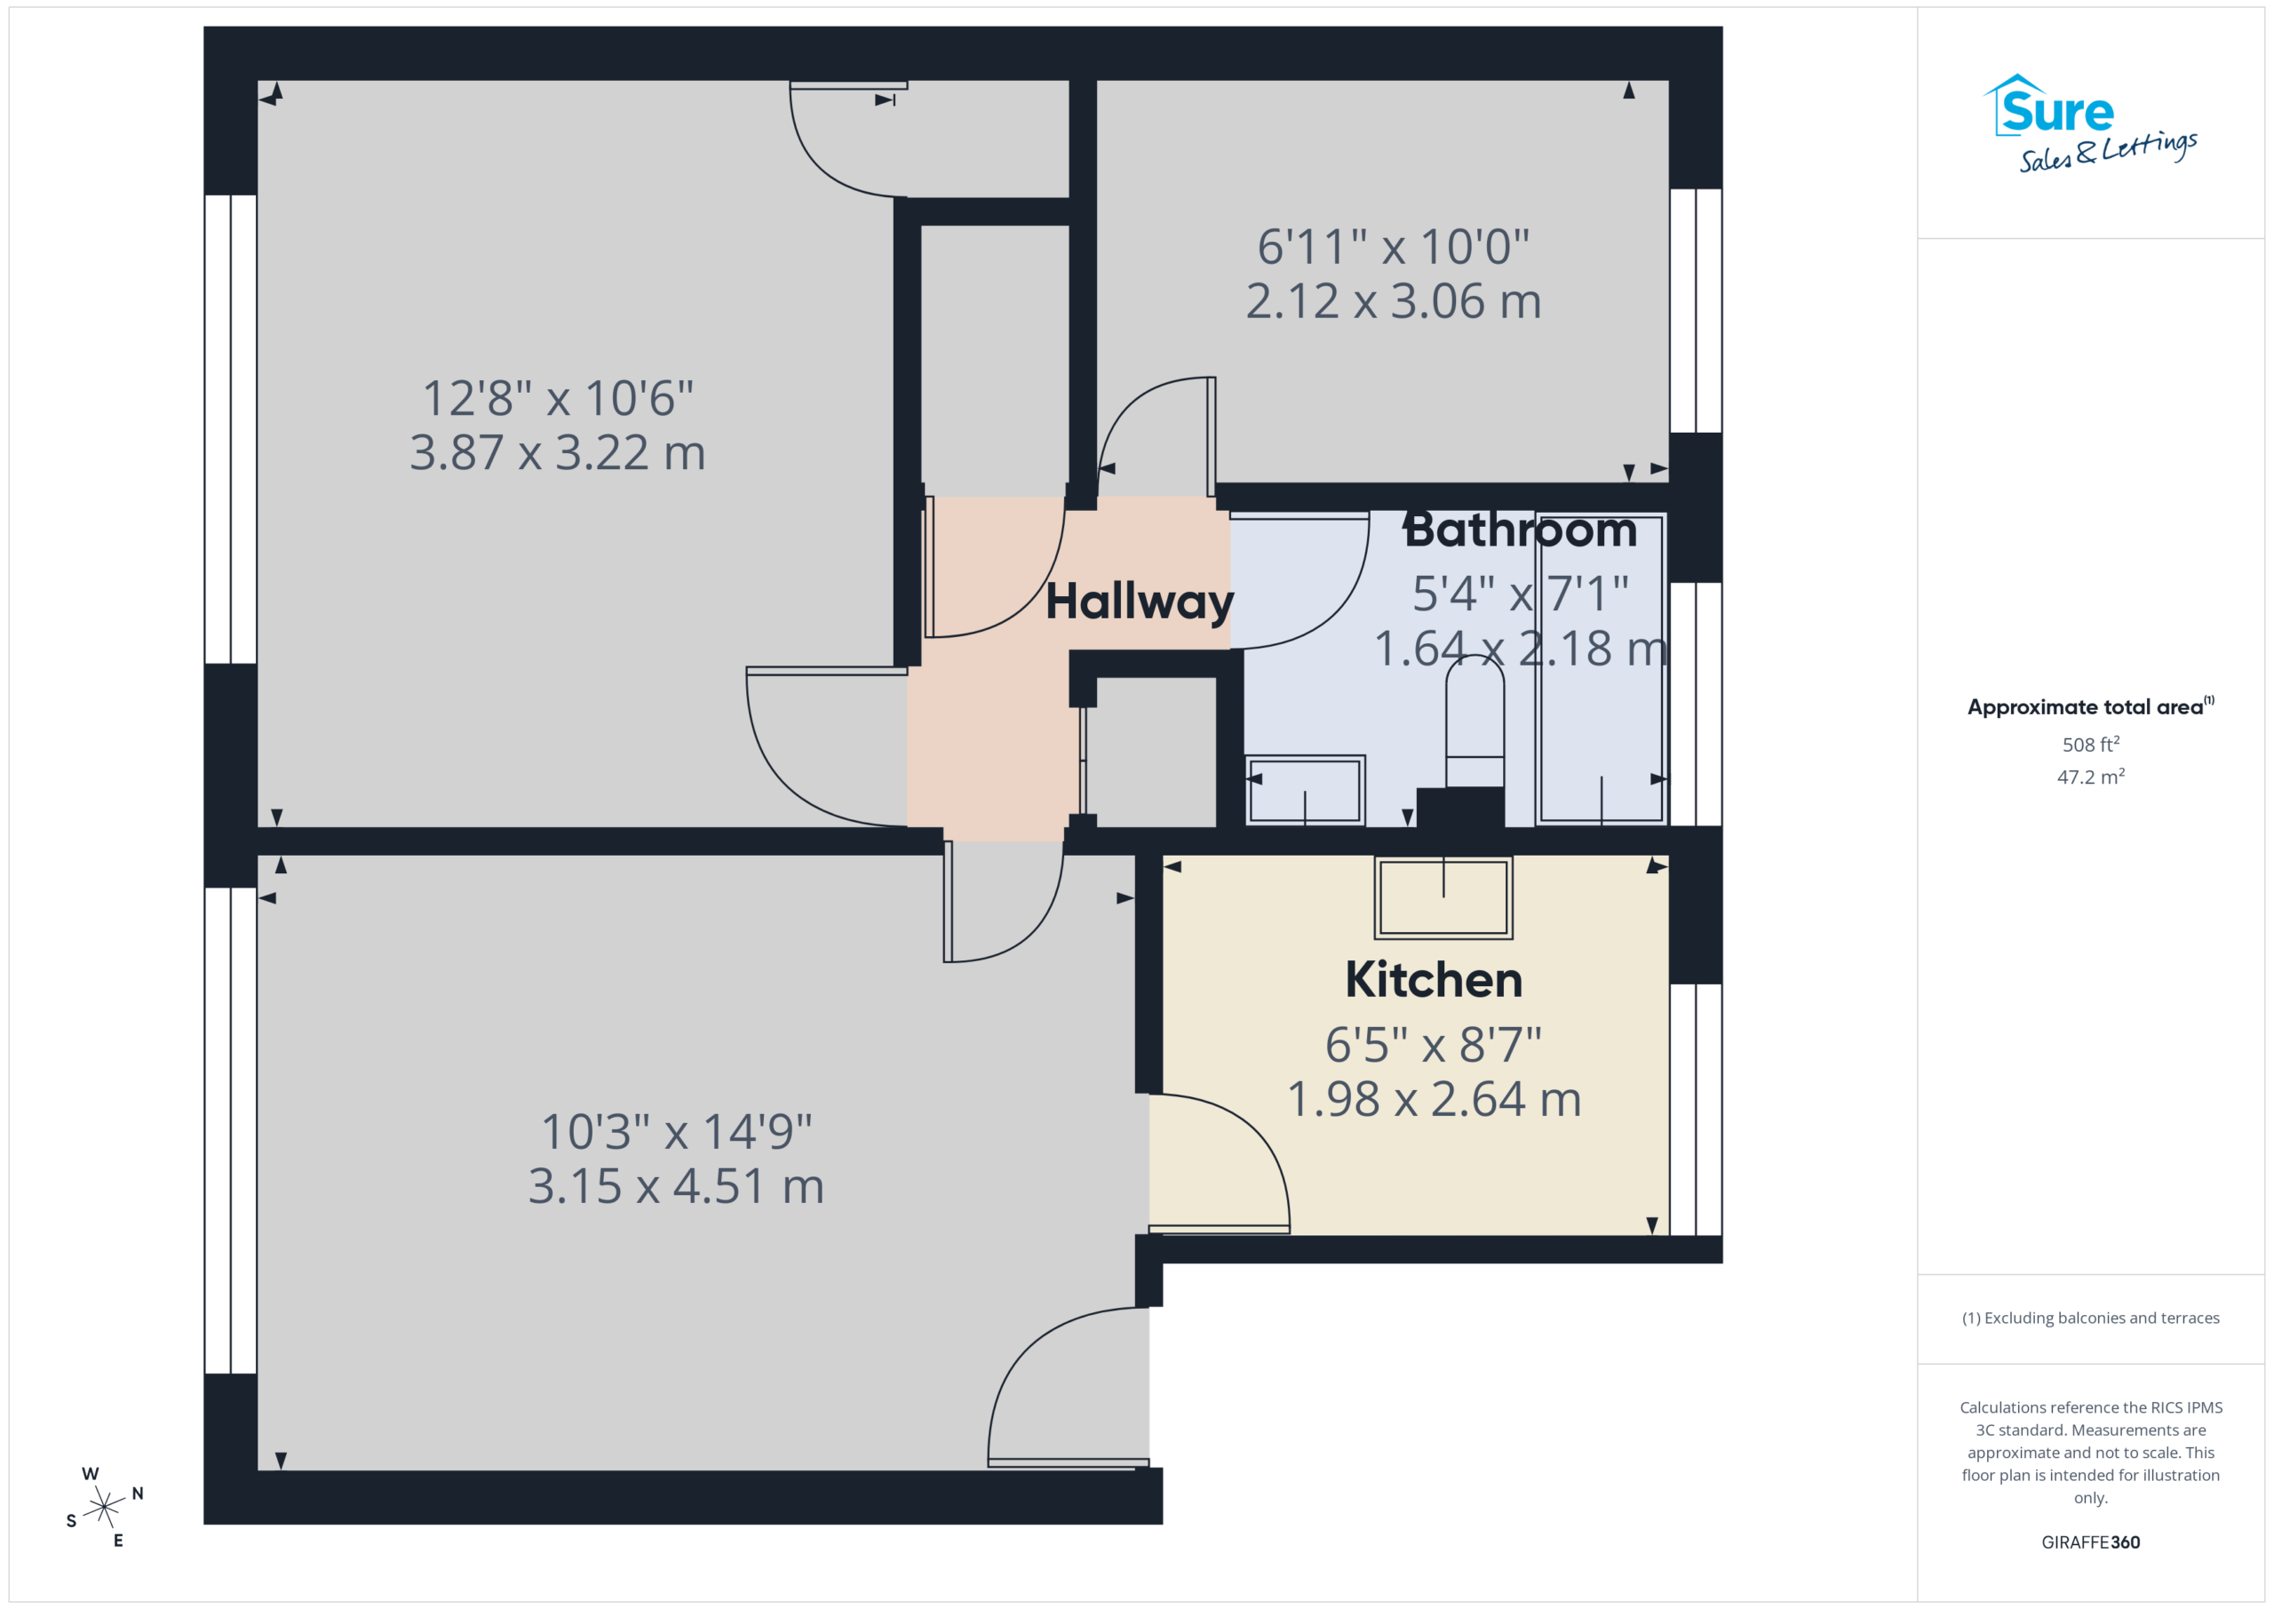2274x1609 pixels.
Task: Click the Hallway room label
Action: coord(1140,601)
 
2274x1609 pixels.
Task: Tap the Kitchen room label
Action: coord(1433,980)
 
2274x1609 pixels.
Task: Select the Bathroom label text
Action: coord(1520,530)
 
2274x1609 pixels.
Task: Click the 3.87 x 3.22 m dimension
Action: coord(558,453)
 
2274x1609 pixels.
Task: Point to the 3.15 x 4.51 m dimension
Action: coord(675,1186)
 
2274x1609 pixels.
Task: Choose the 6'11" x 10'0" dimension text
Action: coord(1394,247)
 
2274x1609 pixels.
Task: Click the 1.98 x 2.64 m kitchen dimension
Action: coord(1433,1099)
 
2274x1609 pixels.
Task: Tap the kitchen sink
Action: coord(1443,896)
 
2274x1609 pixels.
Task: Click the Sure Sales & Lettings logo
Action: coord(2090,123)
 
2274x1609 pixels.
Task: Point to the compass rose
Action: coord(104,1507)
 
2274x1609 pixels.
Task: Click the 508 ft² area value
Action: coord(2091,744)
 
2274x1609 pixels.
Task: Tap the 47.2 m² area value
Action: coord(2091,777)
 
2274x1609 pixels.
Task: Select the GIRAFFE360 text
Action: coord(2091,1542)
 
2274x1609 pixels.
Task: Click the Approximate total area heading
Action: coord(2091,706)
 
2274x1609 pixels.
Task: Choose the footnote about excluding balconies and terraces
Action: coord(2091,1318)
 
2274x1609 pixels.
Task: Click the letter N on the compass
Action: coord(138,1494)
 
